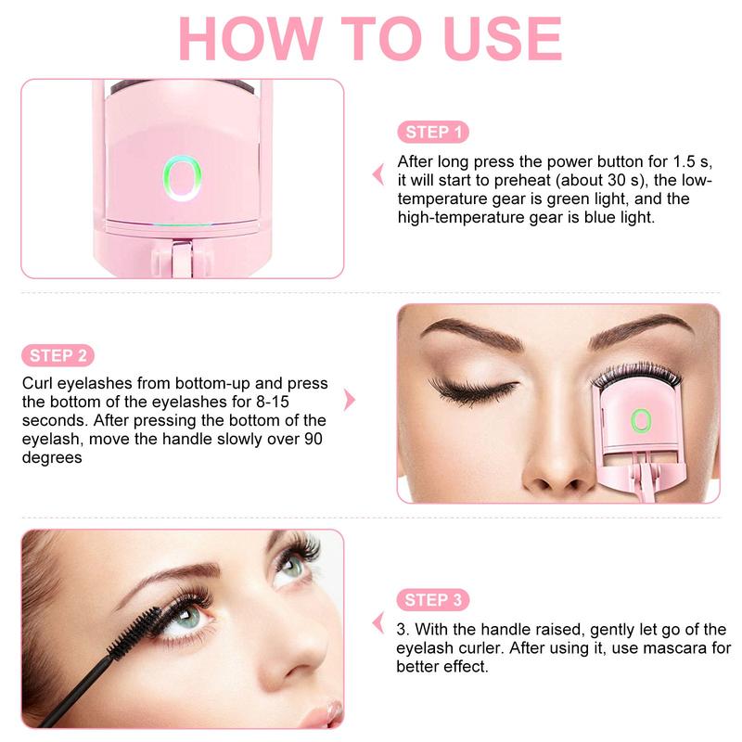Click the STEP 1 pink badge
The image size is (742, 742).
432,133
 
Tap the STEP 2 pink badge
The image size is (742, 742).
58,355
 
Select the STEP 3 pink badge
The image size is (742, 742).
432,599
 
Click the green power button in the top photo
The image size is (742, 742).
182,176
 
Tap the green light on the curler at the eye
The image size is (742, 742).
639,421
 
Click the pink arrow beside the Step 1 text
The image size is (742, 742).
377,173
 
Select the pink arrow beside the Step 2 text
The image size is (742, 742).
350,400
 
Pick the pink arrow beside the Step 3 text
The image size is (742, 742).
377,622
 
